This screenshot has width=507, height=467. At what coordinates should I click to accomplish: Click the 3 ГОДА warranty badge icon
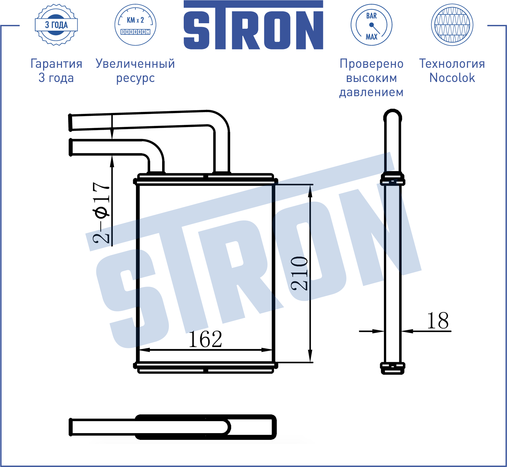(56, 25)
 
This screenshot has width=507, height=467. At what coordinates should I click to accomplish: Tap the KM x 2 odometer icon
(135, 25)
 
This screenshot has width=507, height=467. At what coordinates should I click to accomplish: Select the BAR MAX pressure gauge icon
(371, 25)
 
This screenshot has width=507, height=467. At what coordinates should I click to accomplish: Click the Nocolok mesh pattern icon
(452, 25)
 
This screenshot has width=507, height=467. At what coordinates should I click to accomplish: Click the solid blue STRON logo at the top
(253, 25)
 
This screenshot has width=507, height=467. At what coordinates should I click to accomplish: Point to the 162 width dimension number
(205, 339)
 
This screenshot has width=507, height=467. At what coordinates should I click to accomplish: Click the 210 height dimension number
(299, 273)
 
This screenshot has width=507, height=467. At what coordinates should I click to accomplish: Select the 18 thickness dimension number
(438, 320)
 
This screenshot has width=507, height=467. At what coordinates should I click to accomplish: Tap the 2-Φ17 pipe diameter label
(101, 213)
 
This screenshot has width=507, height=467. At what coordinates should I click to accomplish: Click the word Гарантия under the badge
(56, 64)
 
